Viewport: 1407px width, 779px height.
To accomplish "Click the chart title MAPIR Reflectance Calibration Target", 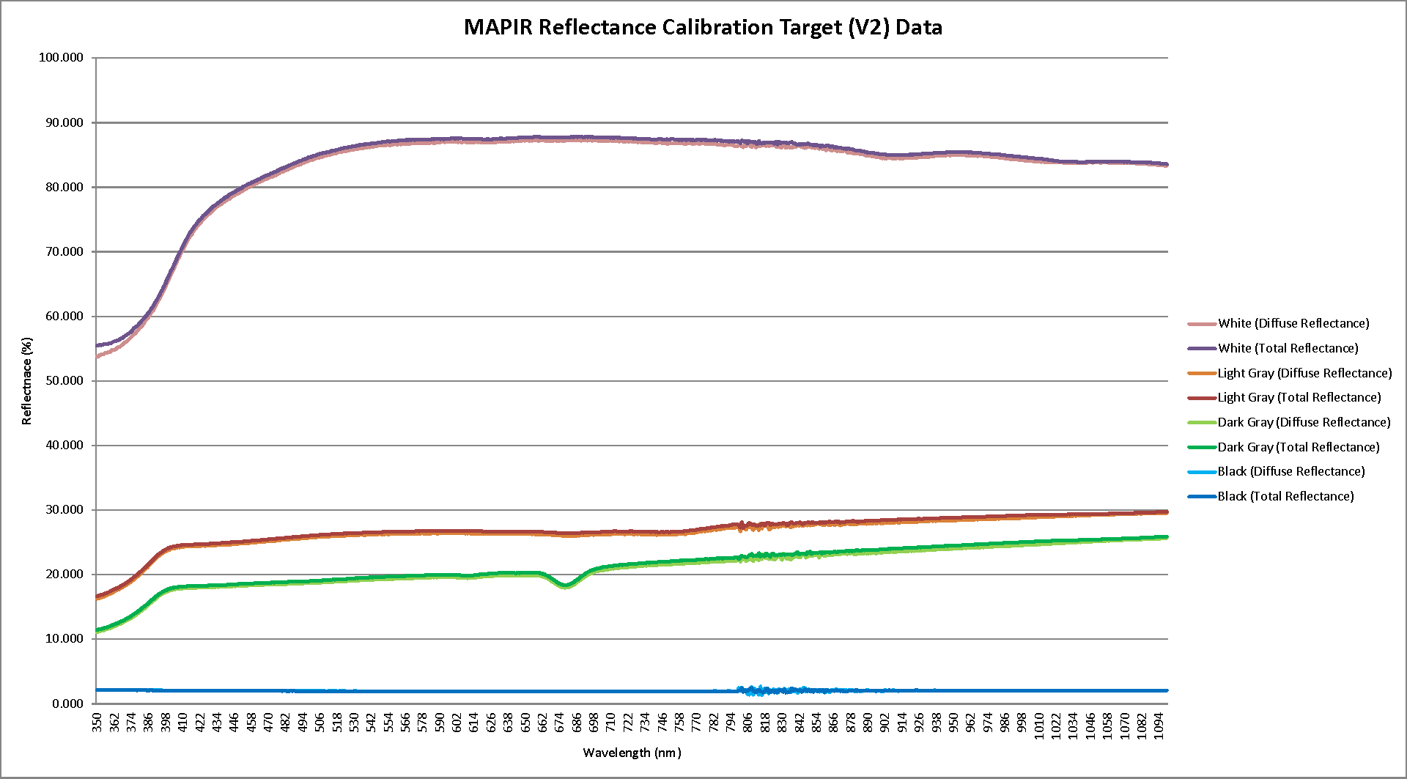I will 703,28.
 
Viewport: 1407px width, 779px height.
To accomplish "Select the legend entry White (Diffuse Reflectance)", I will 1293,323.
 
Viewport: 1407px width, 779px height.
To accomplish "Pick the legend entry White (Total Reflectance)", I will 1288,348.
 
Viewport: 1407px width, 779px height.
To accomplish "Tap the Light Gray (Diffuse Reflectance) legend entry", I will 1304,373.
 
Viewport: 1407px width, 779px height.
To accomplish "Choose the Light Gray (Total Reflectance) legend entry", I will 1299,397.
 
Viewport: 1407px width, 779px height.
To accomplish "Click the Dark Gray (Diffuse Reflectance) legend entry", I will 1304,422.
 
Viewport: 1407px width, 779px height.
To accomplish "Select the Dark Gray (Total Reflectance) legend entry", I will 1298,447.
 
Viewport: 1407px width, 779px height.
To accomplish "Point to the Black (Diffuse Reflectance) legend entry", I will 1290,471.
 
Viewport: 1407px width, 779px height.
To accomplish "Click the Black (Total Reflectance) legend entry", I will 1285,496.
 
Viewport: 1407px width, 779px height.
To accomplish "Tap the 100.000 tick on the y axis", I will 61,58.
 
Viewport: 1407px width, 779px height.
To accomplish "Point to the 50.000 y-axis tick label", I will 64,381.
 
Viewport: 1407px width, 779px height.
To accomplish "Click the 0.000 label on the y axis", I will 67,704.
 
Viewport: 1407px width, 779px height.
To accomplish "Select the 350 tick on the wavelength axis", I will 97,722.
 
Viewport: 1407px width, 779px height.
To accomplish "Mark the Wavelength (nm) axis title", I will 632,753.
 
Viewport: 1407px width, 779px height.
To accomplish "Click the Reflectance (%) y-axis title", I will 27,381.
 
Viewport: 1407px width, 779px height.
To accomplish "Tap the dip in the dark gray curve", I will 565,586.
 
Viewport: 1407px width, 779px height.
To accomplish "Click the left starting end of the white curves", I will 98,350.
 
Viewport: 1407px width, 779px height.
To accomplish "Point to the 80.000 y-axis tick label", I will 64,188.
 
